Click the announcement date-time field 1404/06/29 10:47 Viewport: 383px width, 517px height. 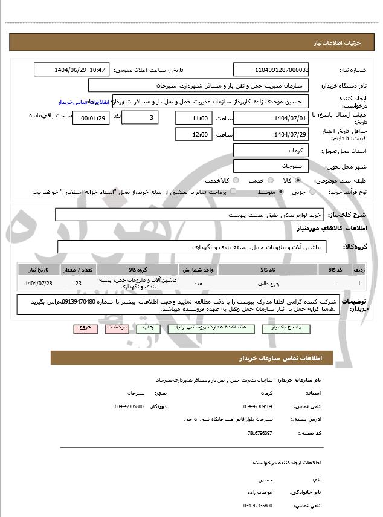72,70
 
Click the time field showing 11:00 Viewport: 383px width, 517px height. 194,118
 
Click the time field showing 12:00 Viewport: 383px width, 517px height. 194,134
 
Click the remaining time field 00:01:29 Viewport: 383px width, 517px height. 91,118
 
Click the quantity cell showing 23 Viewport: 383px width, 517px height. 79,283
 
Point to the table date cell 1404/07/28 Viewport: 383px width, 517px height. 39,283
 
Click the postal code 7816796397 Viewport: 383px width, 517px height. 260,433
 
